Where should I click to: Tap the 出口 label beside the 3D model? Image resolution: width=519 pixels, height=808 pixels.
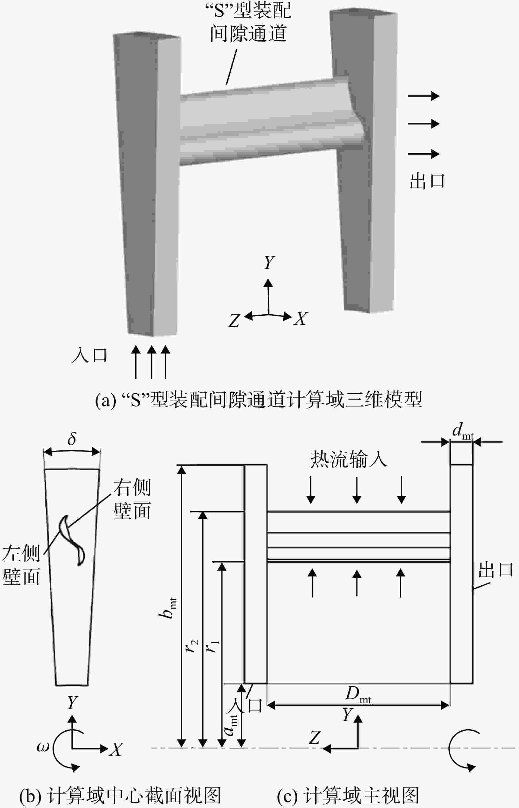[x=427, y=181]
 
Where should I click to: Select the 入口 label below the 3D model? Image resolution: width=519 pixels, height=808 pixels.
[x=89, y=356]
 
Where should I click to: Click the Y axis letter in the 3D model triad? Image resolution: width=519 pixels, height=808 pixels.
[x=269, y=262]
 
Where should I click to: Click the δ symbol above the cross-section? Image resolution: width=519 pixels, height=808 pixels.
[x=72, y=439]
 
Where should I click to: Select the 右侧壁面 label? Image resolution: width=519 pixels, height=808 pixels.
[x=132, y=499]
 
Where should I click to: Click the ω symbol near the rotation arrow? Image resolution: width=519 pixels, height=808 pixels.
[x=42, y=747]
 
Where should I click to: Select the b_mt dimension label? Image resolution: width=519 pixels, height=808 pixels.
[x=168, y=608]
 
